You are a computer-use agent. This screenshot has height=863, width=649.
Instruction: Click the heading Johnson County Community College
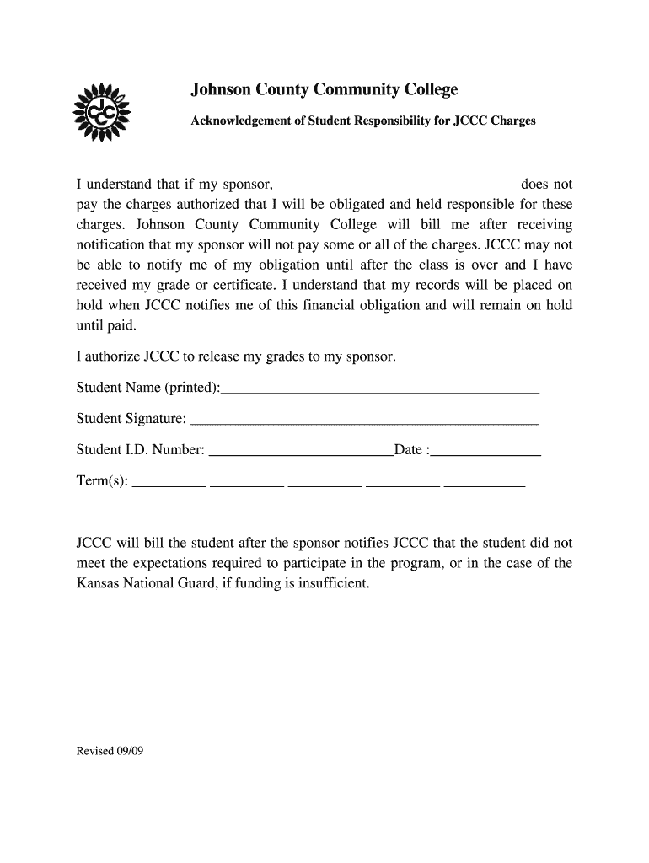coord(324,89)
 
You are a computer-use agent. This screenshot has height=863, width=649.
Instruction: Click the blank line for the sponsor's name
coord(396,185)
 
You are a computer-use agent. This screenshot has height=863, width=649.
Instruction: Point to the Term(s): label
coord(102,481)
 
